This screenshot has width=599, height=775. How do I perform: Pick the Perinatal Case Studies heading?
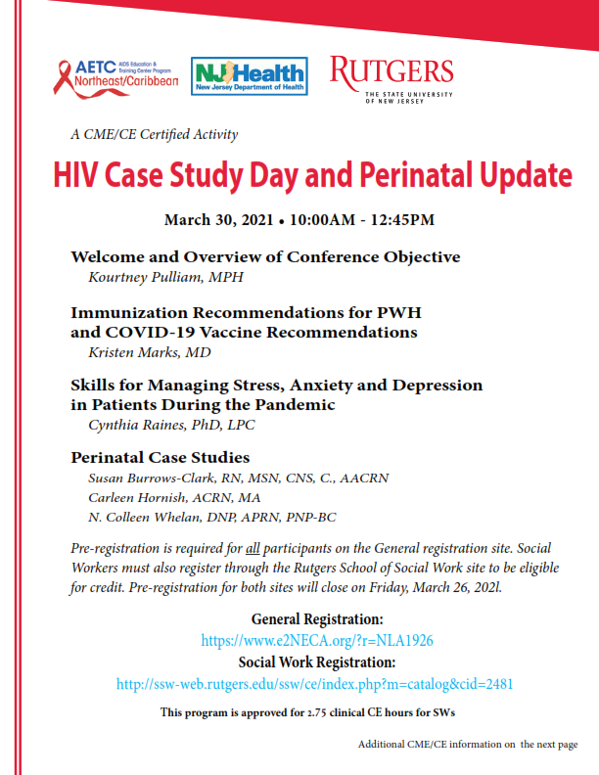160,457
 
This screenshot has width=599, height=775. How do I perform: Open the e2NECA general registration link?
317,641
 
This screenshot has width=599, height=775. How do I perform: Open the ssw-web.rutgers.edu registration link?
314,684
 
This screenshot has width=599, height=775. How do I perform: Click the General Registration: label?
317,619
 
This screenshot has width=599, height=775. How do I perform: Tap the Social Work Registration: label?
317,662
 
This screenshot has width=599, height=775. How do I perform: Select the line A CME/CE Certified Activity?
154,134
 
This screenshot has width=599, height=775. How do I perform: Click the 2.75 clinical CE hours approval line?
308,712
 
